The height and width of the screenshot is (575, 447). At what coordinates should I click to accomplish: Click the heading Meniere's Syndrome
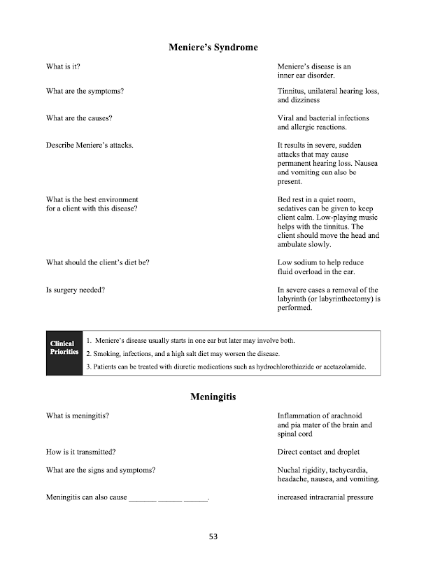pyautogui.click(x=213, y=48)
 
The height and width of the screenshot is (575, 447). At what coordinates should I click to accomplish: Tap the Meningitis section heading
pyautogui.click(x=213, y=397)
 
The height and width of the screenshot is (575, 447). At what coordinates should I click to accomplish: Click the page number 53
pyautogui.click(x=213, y=537)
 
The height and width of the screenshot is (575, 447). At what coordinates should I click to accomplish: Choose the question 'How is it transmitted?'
pyautogui.click(x=80, y=452)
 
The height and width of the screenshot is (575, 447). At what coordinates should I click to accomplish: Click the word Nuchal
pyautogui.click(x=290, y=470)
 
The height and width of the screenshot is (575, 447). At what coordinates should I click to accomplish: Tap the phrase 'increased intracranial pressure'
pyautogui.click(x=325, y=497)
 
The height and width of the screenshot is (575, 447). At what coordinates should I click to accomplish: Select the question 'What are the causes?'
pyautogui.click(x=79, y=118)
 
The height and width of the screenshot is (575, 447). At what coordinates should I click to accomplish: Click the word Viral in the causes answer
pyautogui.click(x=287, y=118)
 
